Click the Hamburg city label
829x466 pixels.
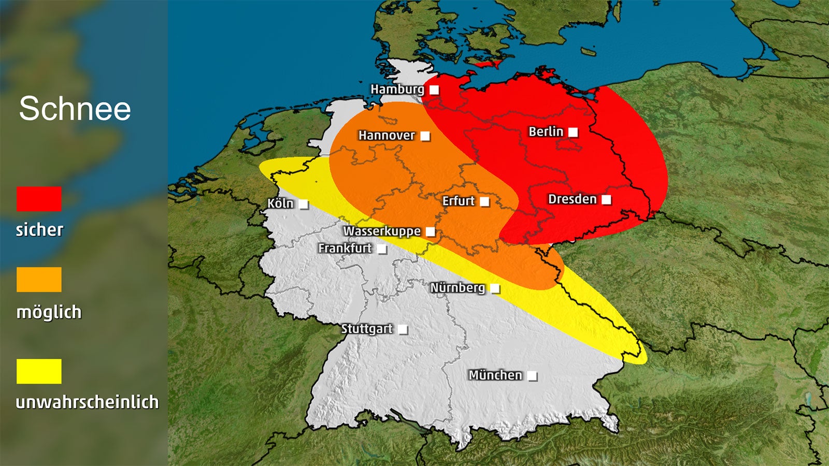click(397, 90)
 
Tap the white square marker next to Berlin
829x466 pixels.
click(573, 132)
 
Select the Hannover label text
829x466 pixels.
click(387, 136)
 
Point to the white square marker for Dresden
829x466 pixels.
click(606, 199)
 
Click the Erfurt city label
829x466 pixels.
click(458, 201)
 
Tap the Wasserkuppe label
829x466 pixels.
click(382, 231)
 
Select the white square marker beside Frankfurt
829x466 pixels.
click(382, 249)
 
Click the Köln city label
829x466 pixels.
click(280, 203)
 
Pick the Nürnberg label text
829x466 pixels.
click(458, 288)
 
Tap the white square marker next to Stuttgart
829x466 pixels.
click(403, 329)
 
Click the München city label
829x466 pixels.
click(495, 375)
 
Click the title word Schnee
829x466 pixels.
click(75, 109)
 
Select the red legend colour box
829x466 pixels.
click(39, 199)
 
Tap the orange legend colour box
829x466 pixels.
click(39, 280)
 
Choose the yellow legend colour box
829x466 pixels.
click(39, 371)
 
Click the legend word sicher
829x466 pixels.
click(39, 230)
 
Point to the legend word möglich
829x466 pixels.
click(49, 312)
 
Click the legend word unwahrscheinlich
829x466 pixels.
click(87, 402)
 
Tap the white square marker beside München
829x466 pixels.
click(532, 376)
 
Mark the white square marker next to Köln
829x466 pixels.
click(304, 205)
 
